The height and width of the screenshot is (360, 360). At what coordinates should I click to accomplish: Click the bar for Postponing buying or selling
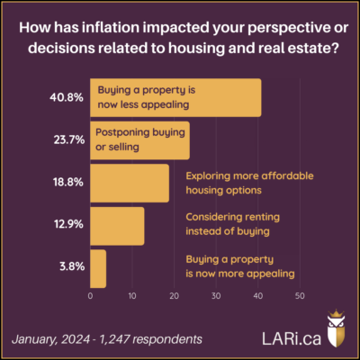140,140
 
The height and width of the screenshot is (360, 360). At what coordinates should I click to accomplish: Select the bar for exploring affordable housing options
130,184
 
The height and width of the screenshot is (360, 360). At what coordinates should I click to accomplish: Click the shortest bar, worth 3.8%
98,268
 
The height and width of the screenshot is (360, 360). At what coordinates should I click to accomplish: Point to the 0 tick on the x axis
91,296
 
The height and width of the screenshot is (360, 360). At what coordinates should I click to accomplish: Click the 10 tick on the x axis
132,296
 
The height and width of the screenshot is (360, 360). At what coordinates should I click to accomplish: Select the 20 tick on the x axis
174,296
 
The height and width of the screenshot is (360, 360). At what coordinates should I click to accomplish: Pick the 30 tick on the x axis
216,296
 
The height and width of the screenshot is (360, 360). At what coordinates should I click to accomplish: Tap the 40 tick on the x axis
257,296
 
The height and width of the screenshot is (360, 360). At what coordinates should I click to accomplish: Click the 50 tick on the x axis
299,296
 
